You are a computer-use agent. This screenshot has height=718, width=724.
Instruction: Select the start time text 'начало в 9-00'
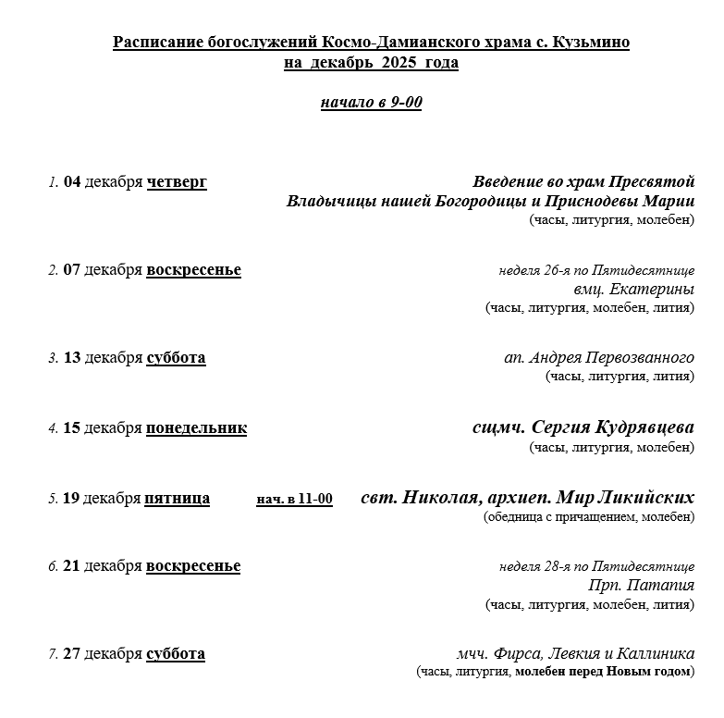pos(371,102)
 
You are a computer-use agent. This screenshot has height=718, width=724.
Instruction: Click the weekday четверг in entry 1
pos(177,182)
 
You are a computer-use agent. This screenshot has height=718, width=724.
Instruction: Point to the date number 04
pos(72,182)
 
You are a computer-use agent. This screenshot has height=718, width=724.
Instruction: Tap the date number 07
pos(72,270)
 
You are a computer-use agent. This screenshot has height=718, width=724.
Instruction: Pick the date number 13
pos(72,358)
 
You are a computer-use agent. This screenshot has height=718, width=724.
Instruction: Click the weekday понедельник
pos(196,428)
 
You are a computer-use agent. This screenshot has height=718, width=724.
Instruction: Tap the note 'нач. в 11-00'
pos(294,499)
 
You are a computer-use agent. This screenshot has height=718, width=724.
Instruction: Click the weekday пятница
pos(178,499)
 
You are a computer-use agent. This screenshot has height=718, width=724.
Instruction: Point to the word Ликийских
pos(650,498)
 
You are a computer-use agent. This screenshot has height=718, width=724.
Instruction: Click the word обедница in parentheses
pos(516,517)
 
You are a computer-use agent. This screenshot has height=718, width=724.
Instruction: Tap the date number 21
pos(72,566)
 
